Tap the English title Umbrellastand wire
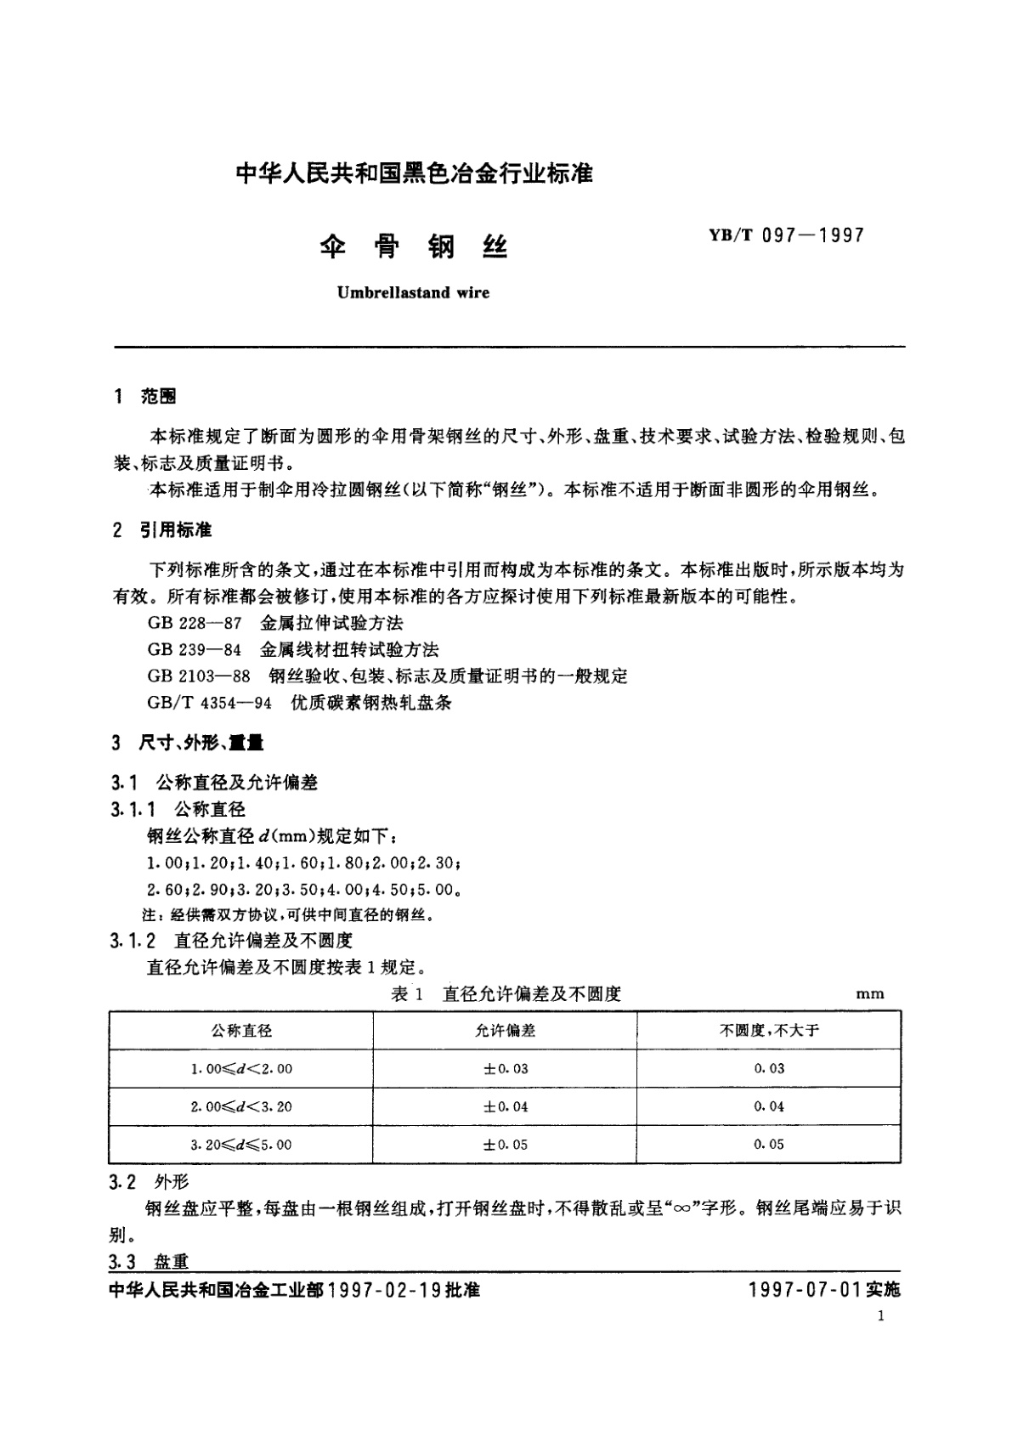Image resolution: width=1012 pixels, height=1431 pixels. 413,292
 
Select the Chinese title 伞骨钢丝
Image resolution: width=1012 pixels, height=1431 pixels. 413,247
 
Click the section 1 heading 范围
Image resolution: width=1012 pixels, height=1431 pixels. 159,396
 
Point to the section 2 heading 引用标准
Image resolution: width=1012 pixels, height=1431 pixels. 175,530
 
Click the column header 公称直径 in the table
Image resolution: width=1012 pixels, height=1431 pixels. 241,1031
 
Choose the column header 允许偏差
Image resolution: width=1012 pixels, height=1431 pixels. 506,1031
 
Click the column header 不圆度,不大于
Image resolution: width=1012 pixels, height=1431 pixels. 769,1031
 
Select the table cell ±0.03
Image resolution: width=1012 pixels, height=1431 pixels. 506,1069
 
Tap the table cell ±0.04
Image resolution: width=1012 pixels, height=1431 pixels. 506,1106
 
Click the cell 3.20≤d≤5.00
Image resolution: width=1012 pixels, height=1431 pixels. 241,1145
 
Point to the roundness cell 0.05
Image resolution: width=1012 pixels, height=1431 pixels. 769,1145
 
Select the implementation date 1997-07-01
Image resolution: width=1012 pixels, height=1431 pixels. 806,1290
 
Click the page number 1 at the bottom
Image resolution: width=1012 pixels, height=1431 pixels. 880,1317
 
